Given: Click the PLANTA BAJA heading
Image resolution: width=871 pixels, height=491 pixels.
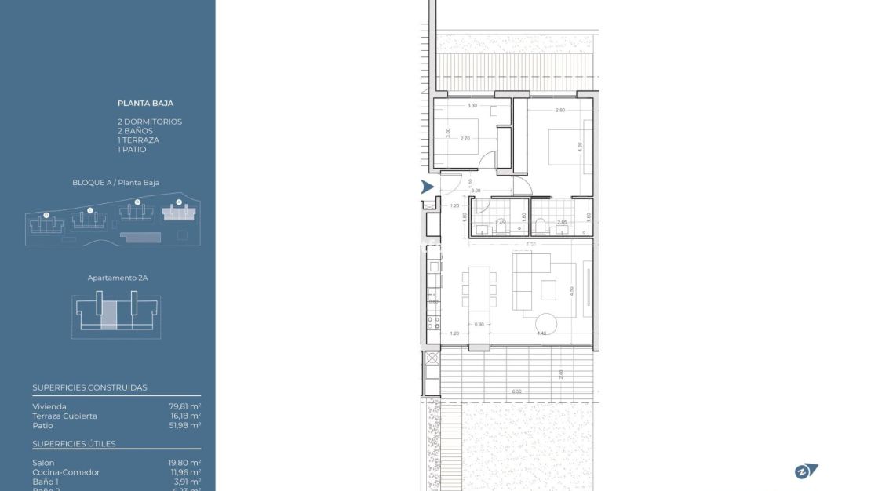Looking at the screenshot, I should click(x=145, y=103).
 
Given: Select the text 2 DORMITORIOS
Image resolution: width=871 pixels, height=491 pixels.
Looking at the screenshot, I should click(x=149, y=122).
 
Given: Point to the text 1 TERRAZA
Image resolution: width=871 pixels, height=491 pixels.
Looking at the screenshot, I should click(x=138, y=140).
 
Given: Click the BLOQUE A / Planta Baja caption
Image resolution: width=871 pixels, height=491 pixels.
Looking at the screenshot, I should click(x=115, y=183).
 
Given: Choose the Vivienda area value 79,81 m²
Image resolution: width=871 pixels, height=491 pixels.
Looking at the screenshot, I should click(x=185, y=406).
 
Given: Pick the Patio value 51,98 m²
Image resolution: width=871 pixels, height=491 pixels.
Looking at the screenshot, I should click(x=185, y=425).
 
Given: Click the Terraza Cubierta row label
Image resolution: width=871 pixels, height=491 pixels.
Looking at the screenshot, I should click(x=65, y=416).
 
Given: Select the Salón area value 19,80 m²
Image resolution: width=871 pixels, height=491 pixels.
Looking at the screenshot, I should click(x=185, y=463).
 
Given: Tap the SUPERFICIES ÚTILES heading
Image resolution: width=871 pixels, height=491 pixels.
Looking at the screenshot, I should click(x=74, y=444).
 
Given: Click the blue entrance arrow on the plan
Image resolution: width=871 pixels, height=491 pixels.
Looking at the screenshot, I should click(x=427, y=187).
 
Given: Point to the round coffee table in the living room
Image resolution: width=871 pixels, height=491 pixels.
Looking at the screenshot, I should click(x=547, y=322).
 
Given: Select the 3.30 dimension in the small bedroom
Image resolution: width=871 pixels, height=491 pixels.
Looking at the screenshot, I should click(x=472, y=105).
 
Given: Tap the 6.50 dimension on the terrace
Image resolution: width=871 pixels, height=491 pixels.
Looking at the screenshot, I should click(x=516, y=391).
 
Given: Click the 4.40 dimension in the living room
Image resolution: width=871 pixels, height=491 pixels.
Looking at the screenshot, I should click(x=541, y=333).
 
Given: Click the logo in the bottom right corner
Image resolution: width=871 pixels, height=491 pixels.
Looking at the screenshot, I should click(x=806, y=471).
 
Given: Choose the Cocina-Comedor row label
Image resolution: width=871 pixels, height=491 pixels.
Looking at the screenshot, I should click(x=66, y=472).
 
